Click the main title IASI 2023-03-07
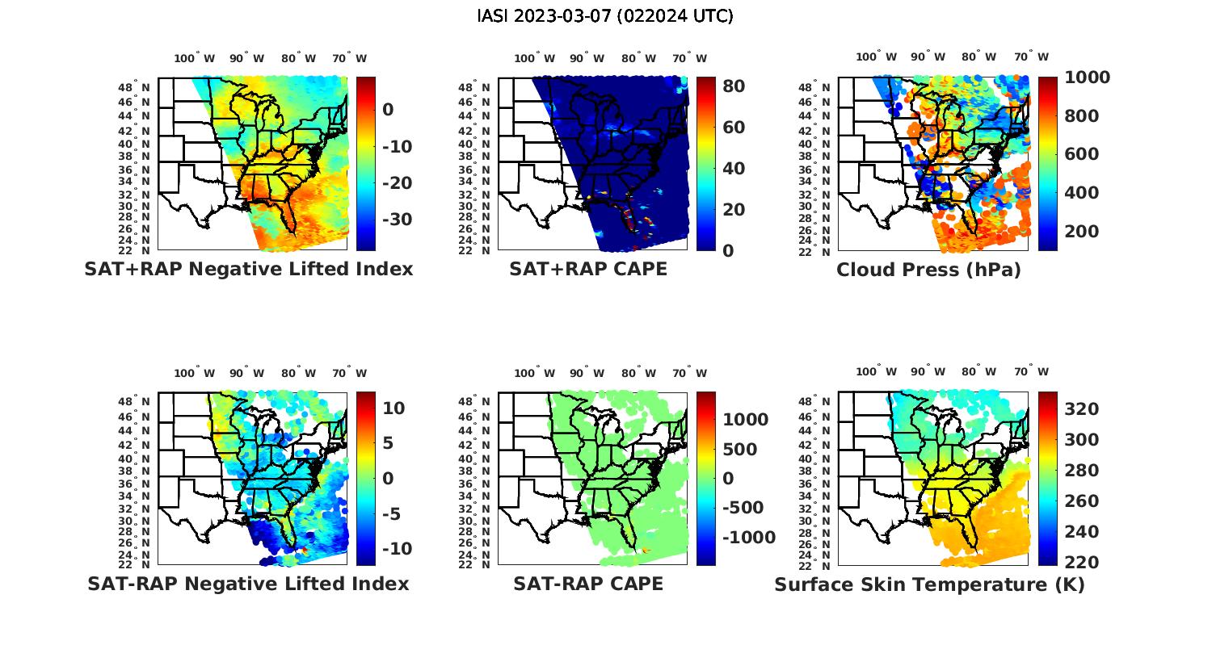pos(605,16)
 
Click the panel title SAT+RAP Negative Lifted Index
pos(248,269)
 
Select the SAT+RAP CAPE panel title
pos(588,269)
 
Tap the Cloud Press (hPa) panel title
pos(928,270)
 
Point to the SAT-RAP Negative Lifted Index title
pos(248,583)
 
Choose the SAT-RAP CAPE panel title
pos(588,583)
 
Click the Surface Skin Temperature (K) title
pos(929,584)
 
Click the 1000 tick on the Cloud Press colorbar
pos(1087,77)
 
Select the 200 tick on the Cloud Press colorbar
pos(1082,232)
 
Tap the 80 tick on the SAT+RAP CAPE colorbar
pos(734,86)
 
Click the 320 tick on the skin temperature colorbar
pos(1082,409)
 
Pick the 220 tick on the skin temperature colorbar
pos(1082,562)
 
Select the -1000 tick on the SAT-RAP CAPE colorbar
pos(747,538)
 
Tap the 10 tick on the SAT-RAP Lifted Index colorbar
pos(393,408)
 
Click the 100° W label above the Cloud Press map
pos(877,57)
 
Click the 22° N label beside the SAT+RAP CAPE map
pos(473,250)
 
